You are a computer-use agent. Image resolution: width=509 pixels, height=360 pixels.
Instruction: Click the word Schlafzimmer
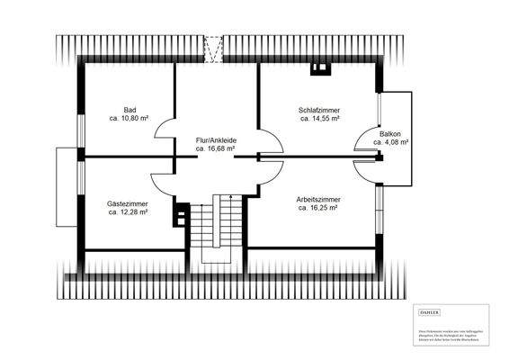[319, 109]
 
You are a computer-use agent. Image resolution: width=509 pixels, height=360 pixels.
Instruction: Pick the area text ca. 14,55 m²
[319, 118]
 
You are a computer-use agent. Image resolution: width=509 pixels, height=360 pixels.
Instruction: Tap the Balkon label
[391, 134]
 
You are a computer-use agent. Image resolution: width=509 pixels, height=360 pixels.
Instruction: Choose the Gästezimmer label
[127, 204]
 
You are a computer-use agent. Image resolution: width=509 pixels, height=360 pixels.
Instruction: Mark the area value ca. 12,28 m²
[127, 213]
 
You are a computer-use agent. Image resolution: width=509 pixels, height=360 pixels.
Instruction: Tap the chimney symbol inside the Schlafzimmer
[318, 67]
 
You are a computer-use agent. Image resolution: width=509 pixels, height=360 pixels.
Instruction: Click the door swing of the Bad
[165, 139]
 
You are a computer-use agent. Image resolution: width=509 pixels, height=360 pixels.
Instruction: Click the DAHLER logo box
[431, 310]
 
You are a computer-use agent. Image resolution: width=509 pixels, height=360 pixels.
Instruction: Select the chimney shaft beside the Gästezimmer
[182, 214]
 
